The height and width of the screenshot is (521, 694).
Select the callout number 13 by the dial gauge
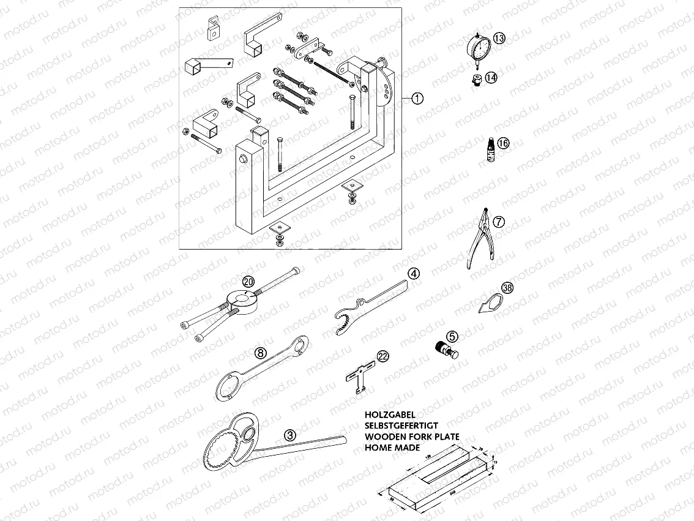pos(499,39)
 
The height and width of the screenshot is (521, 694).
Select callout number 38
pos(507,288)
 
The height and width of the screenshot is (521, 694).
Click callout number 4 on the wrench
pos(414,274)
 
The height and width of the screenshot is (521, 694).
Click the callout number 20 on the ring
pos(248,282)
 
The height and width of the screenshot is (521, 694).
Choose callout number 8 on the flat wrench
pos(260,353)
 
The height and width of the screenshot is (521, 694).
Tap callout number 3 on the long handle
pos(290,435)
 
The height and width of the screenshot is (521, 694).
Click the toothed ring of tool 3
pos(223,454)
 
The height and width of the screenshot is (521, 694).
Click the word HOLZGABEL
pos(390,414)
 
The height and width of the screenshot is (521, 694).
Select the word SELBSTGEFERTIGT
pos(401,425)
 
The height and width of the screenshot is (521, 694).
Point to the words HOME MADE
pos(392,448)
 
